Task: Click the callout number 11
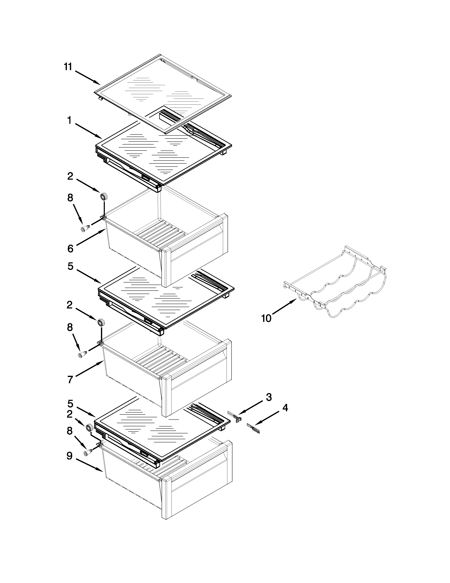[68, 67]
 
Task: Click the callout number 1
[69, 121]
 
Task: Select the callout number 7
[70, 379]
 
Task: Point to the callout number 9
[69, 456]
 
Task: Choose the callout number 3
[269, 397]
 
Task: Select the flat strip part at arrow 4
[253, 428]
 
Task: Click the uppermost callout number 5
[70, 266]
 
